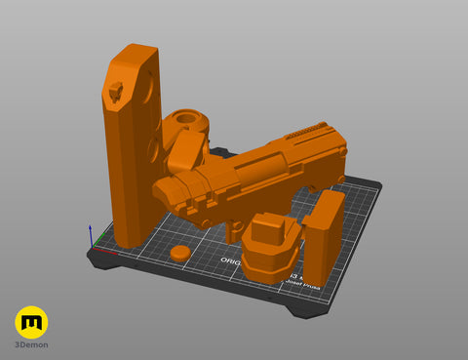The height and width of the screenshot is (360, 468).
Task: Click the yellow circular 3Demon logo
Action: click(x=31, y=322)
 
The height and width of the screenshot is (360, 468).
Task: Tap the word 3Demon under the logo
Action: click(x=31, y=344)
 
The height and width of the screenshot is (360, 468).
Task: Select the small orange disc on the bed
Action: click(x=179, y=253)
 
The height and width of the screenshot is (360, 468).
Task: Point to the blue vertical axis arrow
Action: click(x=91, y=234)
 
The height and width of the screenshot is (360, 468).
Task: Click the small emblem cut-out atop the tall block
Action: click(x=115, y=92)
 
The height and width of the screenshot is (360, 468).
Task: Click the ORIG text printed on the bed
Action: click(x=230, y=260)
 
